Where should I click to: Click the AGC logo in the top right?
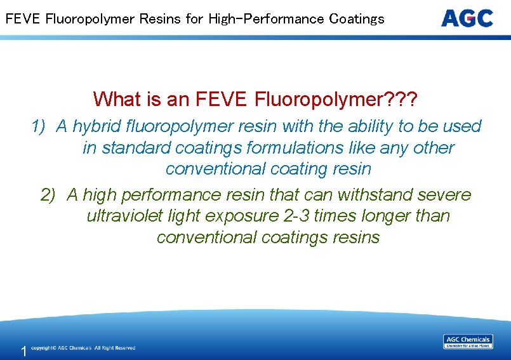tap(467, 18)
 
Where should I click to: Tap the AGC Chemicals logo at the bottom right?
tap(468, 342)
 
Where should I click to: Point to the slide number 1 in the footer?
tap(23, 351)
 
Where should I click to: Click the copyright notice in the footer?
tap(83, 348)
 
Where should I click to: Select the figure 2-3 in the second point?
tap(298, 216)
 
